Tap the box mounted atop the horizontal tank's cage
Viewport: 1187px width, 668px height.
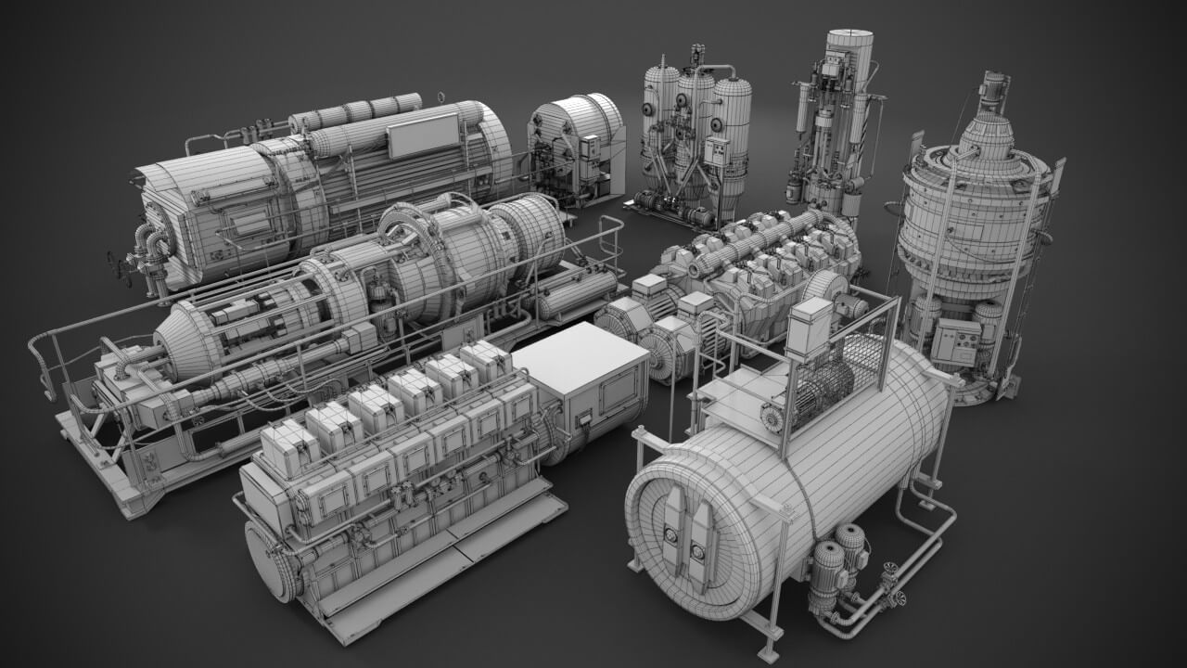tap(809, 327)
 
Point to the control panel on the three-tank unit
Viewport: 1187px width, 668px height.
tap(717, 152)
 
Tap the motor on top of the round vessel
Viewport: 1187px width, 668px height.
tap(995, 89)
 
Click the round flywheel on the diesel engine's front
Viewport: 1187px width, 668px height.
tap(272, 560)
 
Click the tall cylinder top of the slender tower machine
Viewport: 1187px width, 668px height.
tap(849, 56)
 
